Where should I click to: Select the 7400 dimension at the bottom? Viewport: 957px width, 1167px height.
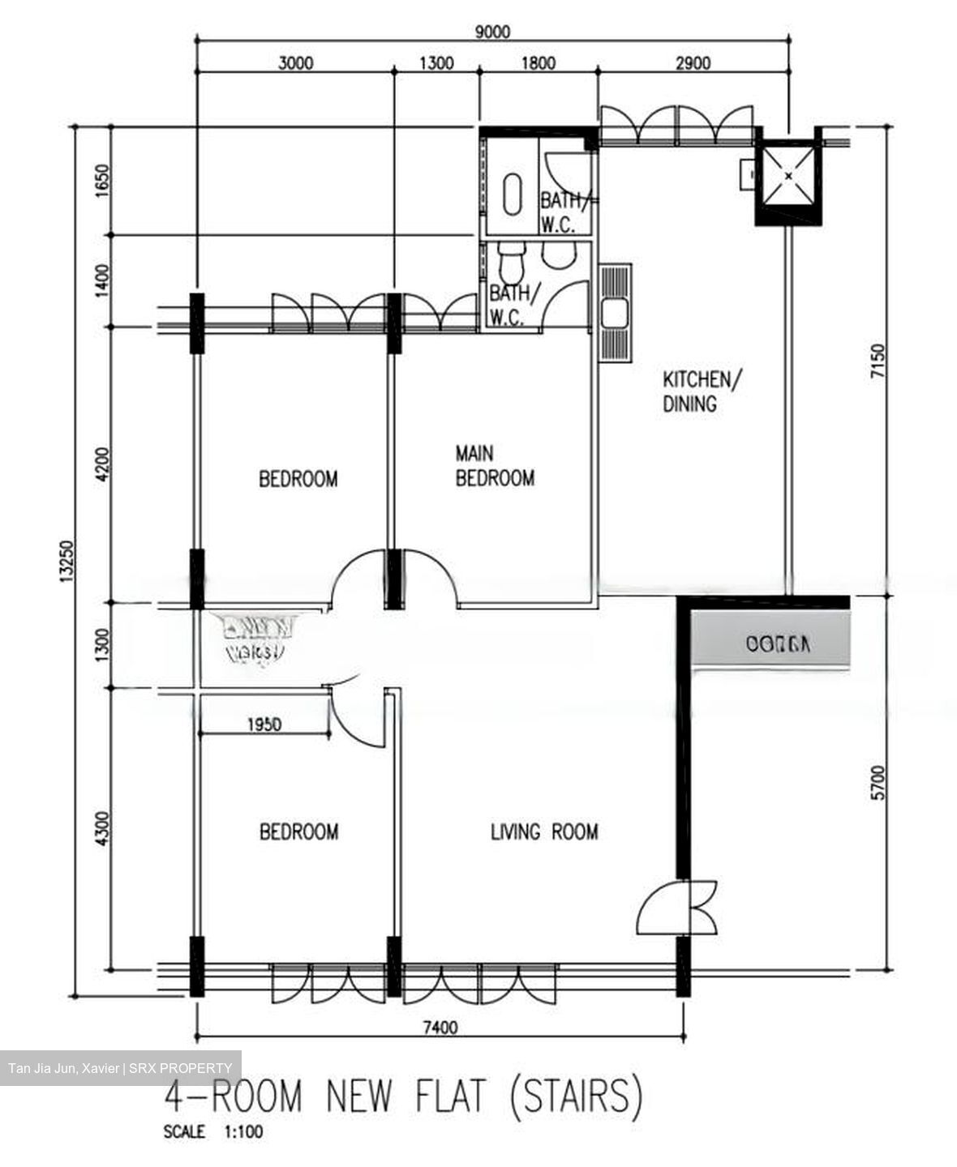click(x=440, y=1028)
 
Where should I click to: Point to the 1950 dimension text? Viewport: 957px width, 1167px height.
click(x=264, y=725)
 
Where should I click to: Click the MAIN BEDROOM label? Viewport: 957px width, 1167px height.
click(x=495, y=466)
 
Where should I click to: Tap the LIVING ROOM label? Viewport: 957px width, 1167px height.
click(x=544, y=831)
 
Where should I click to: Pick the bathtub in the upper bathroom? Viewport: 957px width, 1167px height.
click(x=512, y=194)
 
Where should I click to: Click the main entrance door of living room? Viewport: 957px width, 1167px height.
click(x=677, y=908)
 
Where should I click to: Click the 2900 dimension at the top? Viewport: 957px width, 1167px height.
click(x=692, y=63)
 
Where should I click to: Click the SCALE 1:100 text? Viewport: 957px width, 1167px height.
click(x=212, y=1132)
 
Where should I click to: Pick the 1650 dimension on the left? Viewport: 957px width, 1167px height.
click(x=101, y=180)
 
